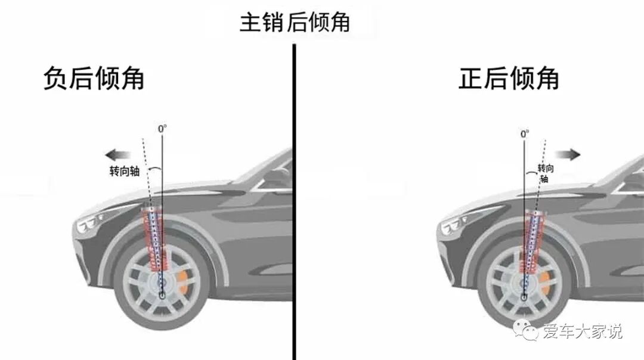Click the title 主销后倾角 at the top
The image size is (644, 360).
(x=294, y=23)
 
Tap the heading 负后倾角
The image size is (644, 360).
(x=94, y=79)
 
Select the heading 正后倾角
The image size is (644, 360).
(x=509, y=79)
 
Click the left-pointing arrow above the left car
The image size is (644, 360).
(x=114, y=156)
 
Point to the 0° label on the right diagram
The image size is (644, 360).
(x=525, y=135)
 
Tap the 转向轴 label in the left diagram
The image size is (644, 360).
(x=124, y=171)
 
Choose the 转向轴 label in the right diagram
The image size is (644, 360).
(x=546, y=173)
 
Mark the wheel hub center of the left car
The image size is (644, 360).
(x=163, y=293)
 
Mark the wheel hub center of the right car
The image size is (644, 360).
(x=524, y=294)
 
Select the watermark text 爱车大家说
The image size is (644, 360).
(x=582, y=331)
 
